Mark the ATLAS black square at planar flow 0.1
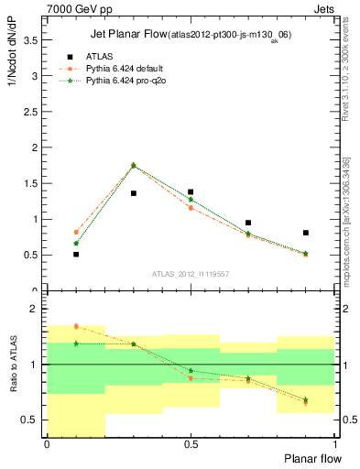click(x=76, y=254)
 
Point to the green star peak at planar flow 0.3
click(x=134, y=166)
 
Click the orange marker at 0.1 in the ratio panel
click(x=76, y=326)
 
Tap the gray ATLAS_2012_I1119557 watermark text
click(x=191, y=273)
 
